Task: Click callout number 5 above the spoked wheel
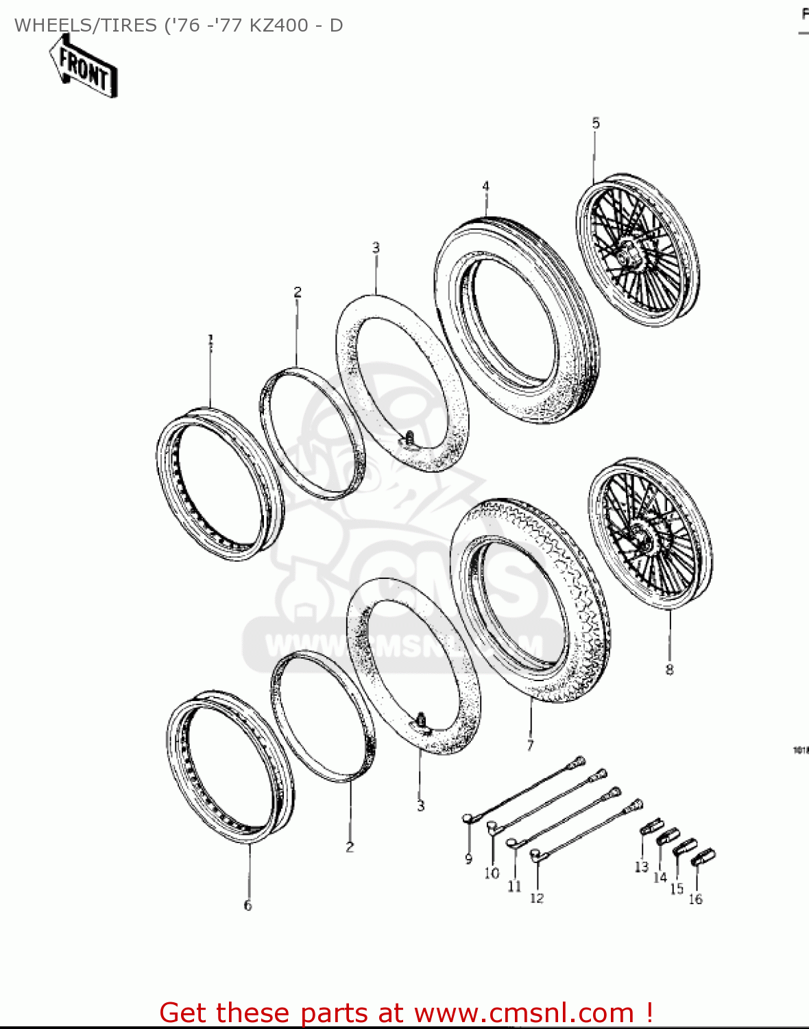[596, 123]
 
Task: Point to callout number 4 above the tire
[485, 187]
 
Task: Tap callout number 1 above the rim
[211, 340]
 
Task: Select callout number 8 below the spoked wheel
[669, 670]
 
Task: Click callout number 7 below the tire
[530, 745]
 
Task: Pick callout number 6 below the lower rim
[247, 906]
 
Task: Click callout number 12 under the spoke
[537, 897]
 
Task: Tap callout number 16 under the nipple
[695, 899]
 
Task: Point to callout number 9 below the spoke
[469, 859]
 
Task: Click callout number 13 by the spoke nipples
[641, 867]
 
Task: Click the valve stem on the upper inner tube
[409, 438]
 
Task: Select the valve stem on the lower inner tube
[420, 720]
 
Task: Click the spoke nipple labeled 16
[704, 856]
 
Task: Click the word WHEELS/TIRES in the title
[86, 25]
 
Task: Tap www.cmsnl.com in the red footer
[524, 1013]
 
